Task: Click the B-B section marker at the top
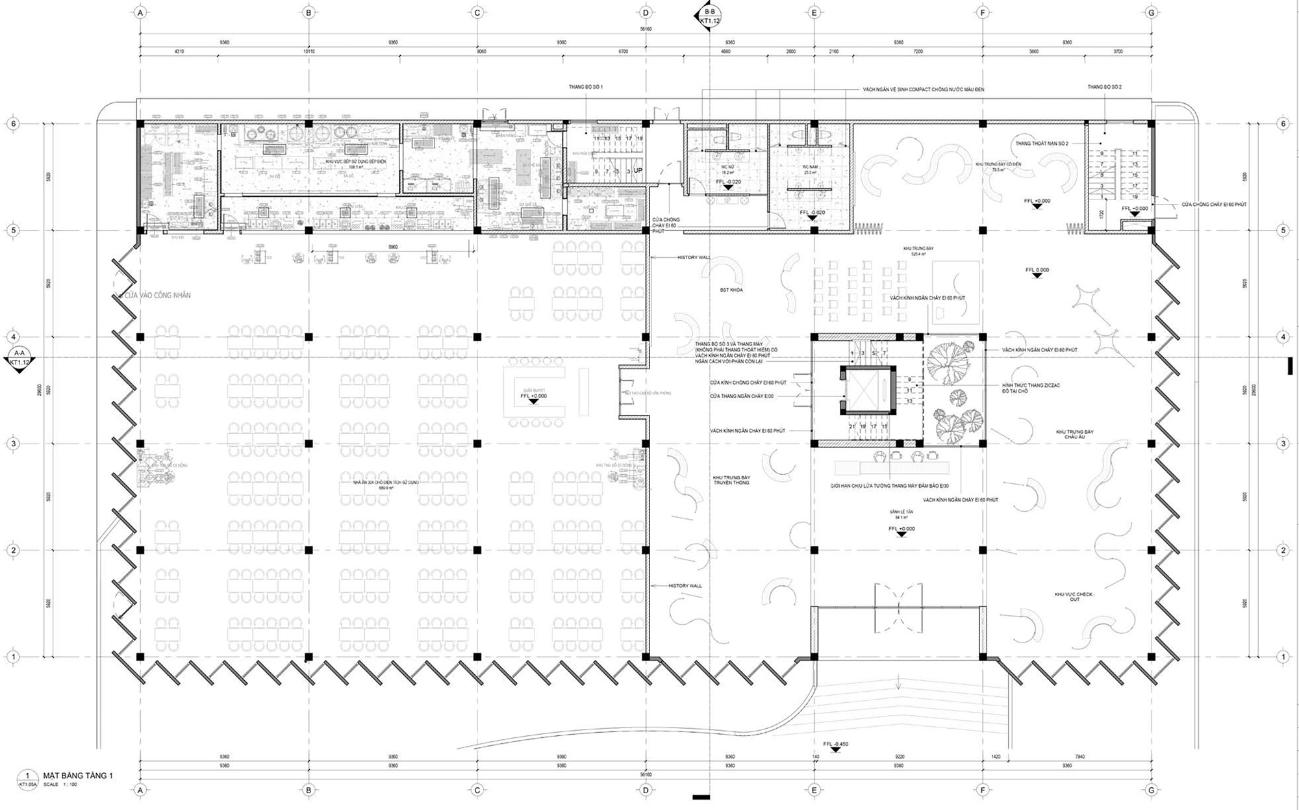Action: [x=709, y=16]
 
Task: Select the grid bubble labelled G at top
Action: [x=1151, y=12]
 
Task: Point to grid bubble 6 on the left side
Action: [x=12, y=123]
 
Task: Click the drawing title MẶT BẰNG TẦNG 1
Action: [x=78, y=776]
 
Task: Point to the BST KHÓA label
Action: [x=731, y=290]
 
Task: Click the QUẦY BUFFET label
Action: [x=533, y=390]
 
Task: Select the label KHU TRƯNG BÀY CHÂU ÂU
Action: [x=1074, y=435]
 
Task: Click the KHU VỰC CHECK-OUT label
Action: [x=1075, y=597]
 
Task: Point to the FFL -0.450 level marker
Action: [x=835, y=744]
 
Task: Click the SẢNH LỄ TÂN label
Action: [x=901, y=513]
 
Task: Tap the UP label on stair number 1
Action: [x=638, y=171]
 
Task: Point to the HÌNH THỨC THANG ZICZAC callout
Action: [x=1031, y=388]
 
